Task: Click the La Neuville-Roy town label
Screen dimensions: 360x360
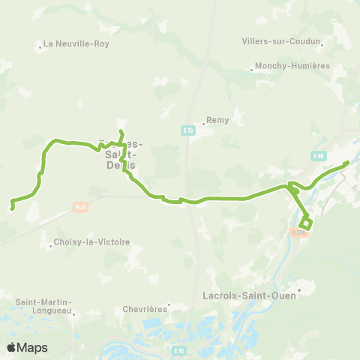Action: [x=77, y=43]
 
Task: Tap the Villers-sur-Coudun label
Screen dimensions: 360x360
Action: [x=281, y=41]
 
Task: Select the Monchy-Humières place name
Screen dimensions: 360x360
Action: [x=292, y=66]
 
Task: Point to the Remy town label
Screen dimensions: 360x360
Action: [x=218, y=119]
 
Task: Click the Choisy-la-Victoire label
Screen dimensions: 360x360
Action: [x=91, y=242]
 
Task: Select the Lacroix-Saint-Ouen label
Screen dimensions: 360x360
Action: [x=250, y=295]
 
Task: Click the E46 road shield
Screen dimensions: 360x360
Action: [x=319, y=155]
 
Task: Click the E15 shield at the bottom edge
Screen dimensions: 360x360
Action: [x=177, y=350]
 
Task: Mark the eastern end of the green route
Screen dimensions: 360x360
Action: [x=347, y=162]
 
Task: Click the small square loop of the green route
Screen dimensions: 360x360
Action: [x=306, y=223]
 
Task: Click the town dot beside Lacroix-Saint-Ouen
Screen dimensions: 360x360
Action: [x=299, y=288]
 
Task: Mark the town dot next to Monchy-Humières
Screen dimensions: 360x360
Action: [x=251, y=71]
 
